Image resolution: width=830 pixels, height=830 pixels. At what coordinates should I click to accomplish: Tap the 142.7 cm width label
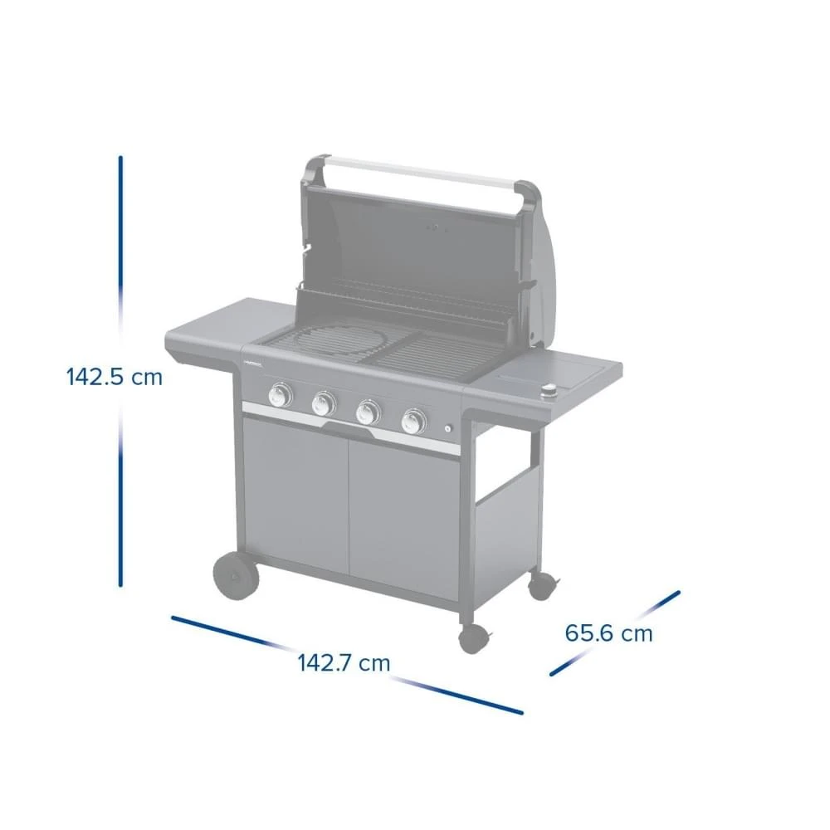click(344, 662)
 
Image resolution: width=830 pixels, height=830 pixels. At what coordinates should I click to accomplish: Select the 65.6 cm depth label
click(608, 633)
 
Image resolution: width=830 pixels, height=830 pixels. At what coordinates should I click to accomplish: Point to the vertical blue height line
click(120, 249)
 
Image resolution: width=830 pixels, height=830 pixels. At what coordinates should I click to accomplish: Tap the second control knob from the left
click(323, 404)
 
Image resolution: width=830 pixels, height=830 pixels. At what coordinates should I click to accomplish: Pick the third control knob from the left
click(367, 412)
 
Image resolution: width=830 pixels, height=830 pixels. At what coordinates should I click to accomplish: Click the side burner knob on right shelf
click(549, 393)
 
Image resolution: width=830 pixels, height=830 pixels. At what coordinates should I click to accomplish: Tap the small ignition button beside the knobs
click(448, 429)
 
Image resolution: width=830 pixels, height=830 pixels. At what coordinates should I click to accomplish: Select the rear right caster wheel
click(541, 585)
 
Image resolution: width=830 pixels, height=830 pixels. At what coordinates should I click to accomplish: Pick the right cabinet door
click(403, 523)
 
